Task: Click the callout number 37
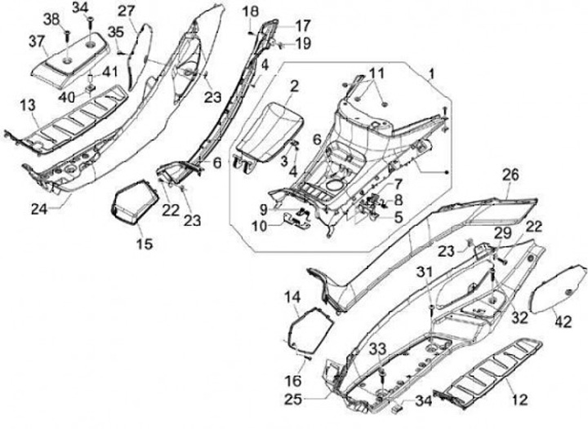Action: [x=38, y=41]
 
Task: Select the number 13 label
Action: [x=28, y=105]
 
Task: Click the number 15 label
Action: [x=143, y=244]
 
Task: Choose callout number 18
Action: [x=250, y=11]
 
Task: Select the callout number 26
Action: [x=510, y=175]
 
